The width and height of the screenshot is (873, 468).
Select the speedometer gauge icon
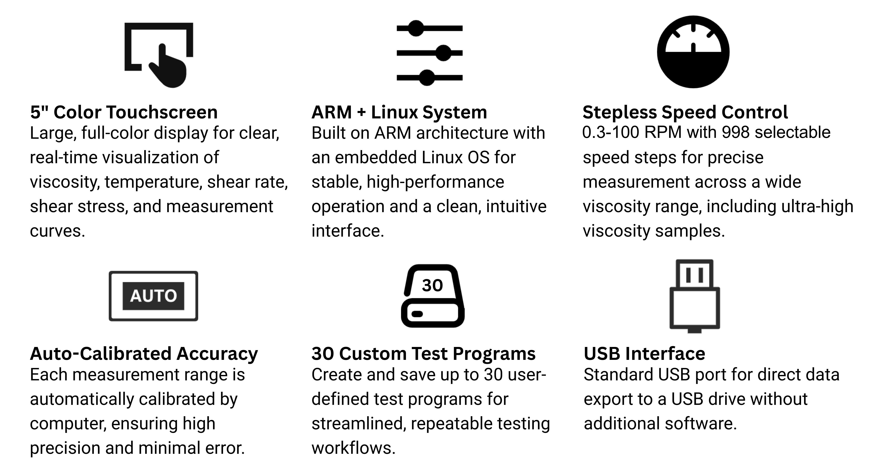693,52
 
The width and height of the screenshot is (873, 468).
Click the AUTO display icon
153,296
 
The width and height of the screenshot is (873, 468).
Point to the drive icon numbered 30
432,296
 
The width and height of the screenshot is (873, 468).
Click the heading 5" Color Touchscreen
124,112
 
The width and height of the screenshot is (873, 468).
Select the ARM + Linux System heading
399,112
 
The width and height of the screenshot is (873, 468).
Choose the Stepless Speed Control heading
685,112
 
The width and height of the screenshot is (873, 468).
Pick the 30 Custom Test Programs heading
423,354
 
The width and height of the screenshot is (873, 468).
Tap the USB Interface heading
644,354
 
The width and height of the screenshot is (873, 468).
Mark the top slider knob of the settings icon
416,28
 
